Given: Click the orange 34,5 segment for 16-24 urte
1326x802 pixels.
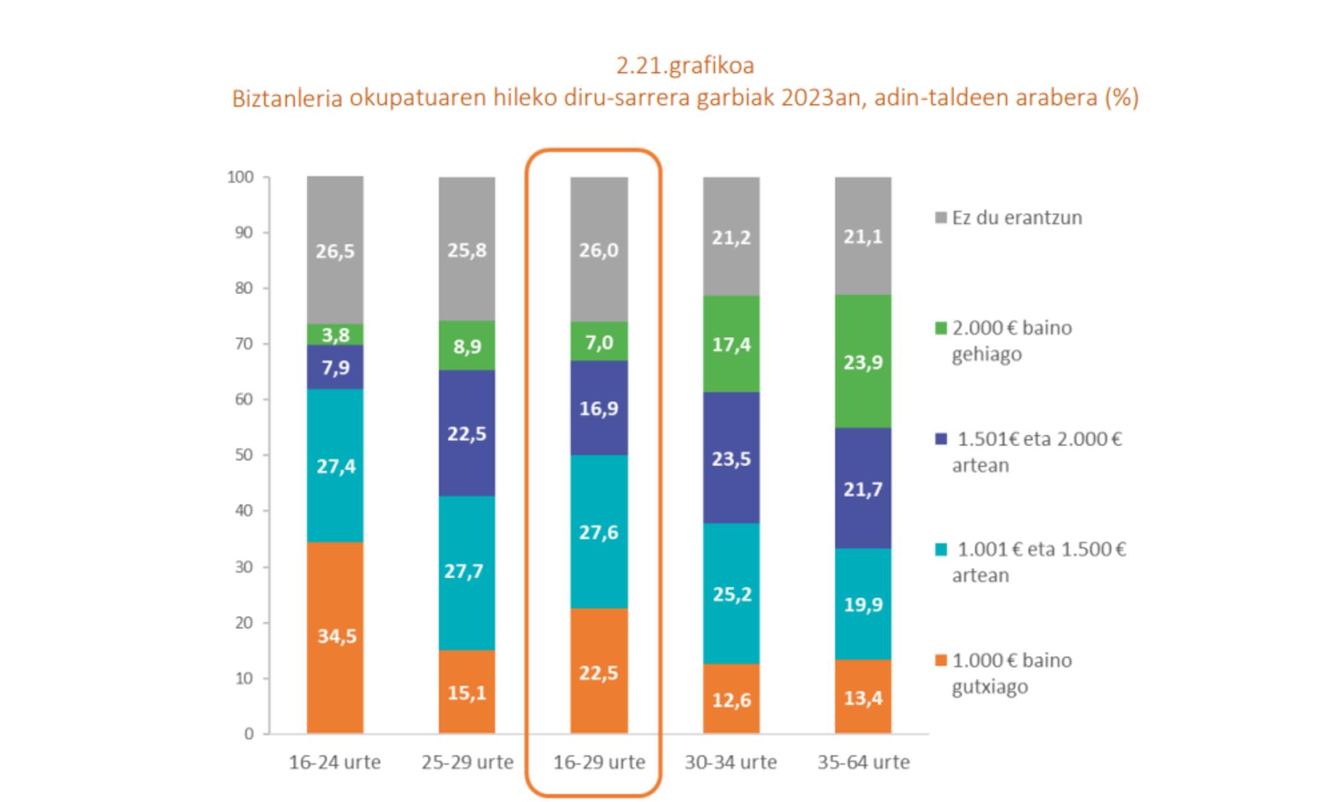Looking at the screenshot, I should click(335, 637).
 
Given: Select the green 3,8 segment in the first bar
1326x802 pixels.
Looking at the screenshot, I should click(335, 334).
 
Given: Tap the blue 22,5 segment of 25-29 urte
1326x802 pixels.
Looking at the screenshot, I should click(467, 433).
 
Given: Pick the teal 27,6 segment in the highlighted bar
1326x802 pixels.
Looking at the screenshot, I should click(599, 531).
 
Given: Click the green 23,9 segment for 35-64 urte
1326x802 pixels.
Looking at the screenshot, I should click(863, 362).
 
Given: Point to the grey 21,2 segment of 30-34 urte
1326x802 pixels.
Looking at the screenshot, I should click(731, 237).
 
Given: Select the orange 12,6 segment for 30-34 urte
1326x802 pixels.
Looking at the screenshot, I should click(731, 699).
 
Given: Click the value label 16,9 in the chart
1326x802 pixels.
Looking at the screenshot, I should click(599, 408).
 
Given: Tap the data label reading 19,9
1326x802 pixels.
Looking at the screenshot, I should click(863, 604).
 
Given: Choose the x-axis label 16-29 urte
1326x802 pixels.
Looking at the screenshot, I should click(599, 762).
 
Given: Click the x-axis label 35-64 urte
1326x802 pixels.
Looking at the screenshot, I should click(863, 762).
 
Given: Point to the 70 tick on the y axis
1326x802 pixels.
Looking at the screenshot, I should click(243, 344).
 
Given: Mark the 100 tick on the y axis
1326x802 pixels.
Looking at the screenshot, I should click(240, 177).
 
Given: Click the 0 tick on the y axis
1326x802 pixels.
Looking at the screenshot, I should click(249, 734).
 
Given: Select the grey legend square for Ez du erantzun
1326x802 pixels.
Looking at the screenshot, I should click(940, 218).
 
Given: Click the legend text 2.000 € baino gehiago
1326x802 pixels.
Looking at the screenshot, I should click(1011, 340).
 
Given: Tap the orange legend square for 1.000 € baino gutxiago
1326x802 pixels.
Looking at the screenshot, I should click(940, 661).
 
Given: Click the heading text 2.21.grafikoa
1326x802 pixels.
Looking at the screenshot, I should click(685, 66).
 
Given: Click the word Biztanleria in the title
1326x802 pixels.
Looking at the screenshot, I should click(286, 98).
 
